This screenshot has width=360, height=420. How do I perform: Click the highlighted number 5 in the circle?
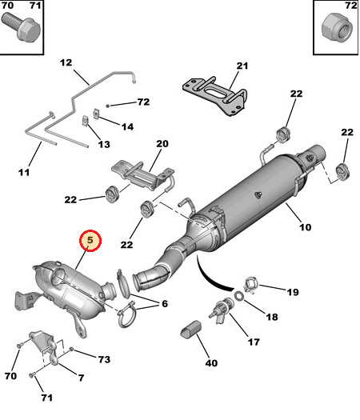click(x=90, y=239)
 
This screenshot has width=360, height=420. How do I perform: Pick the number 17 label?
click(x=254, y=343)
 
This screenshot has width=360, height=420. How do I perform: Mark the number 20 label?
click(x=162, y=144)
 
